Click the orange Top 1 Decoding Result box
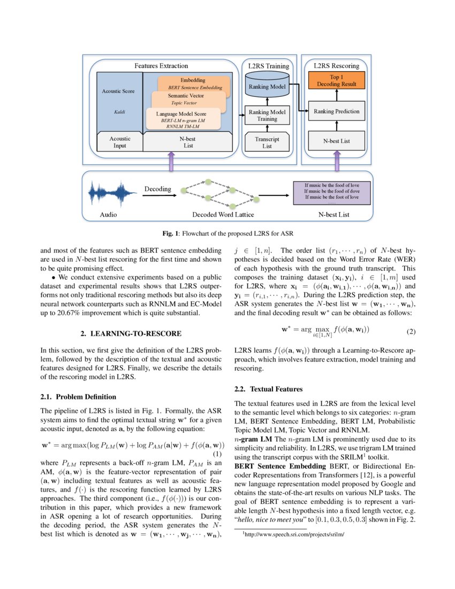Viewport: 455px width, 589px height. pyautogui.click(x=336, y=81)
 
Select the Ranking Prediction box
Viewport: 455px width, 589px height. pyautogui.click(x=336, y=111)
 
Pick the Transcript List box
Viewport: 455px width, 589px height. pyautogui.click(x=267, y=142)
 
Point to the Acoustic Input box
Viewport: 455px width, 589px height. pyautogui.click(x=119, y=142)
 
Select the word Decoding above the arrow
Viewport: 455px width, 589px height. pyautogui.click(x=157, y=188)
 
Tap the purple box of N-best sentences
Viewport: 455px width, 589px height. pyautogui.click(x=332, y=193)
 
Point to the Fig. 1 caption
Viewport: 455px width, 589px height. pyautogui.click(x=227, y=233)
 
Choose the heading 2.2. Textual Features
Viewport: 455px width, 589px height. pyautogui.click(x=269, y=389)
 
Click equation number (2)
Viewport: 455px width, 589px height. pyautogui.click(x=410, y=331)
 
